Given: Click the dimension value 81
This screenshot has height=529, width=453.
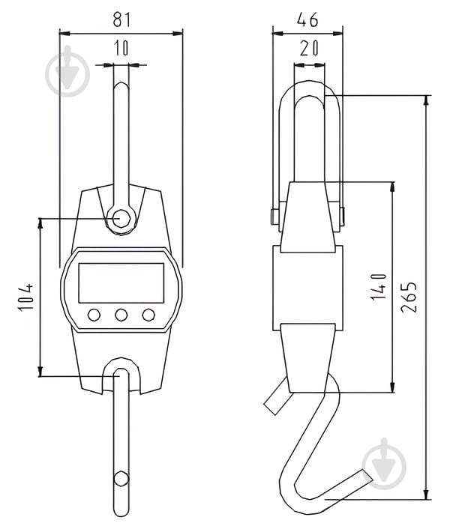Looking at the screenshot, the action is (121, 19).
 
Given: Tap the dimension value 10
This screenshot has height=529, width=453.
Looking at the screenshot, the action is (121, 47).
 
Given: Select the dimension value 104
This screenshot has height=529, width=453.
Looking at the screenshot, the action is (26, 297).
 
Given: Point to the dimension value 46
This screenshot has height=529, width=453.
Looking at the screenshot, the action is (307, 19).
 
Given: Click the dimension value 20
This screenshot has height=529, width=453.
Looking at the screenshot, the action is (309, 48).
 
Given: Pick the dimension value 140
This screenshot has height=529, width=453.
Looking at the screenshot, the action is (378, 286).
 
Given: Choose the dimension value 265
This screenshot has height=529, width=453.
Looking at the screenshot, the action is (409, 297).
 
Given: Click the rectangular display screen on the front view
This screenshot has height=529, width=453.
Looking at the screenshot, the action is (121, 283).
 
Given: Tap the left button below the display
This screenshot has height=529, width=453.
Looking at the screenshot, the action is (94, 315).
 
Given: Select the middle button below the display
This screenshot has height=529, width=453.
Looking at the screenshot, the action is (121, 315).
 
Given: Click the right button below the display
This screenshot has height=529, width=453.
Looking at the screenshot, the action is (148, 315).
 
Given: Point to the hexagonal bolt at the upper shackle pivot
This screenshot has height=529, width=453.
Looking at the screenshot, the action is (121, 218).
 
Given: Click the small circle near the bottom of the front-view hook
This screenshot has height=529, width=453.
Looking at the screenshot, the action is (121, 478).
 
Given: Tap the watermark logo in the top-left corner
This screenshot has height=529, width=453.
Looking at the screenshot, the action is (67, 72).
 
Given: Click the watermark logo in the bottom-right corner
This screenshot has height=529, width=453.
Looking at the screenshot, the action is (384, 464).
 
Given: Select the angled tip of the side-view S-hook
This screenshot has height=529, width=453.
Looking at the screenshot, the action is (367, 475).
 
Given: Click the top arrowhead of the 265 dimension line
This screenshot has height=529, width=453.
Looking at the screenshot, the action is (427, 100).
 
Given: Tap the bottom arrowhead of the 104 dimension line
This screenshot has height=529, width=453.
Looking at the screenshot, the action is (40, 371).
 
